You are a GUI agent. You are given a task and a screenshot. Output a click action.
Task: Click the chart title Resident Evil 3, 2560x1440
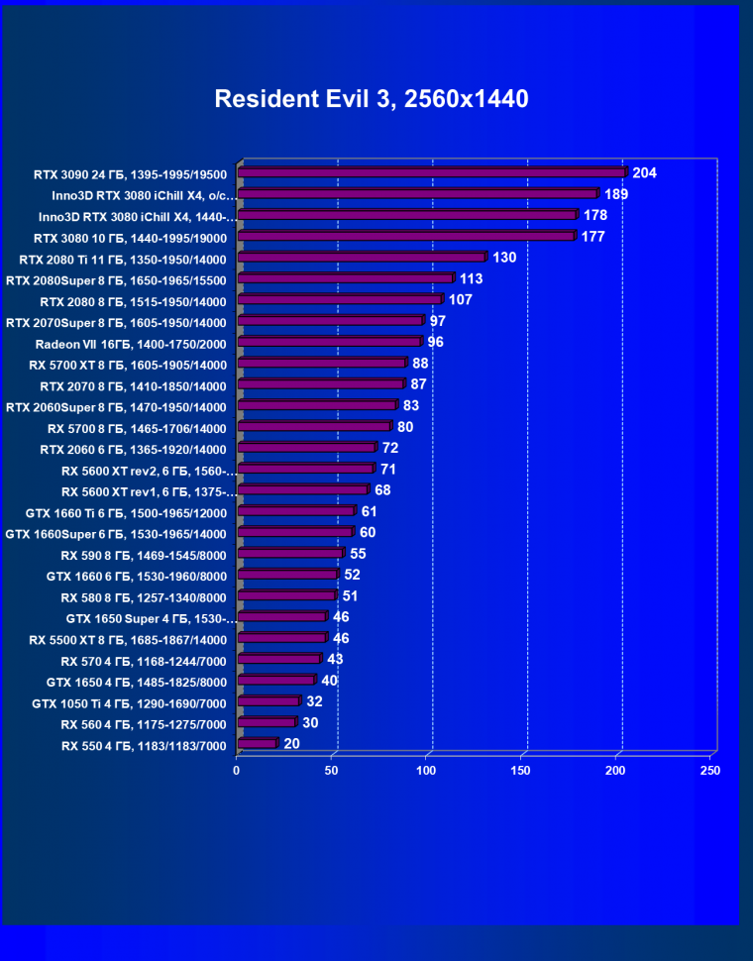coord(372,99)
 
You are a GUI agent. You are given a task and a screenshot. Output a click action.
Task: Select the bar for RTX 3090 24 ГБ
coord(433,172)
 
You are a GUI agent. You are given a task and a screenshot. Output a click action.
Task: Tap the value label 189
coord(616,194)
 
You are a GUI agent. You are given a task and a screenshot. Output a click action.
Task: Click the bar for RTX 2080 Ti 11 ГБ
coord(362,258)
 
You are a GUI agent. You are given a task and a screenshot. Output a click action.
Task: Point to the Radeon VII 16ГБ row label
coord(131,344)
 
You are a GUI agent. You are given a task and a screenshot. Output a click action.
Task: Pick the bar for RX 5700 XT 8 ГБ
coord(322,364)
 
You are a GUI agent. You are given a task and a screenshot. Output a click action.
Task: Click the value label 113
coord(472,279)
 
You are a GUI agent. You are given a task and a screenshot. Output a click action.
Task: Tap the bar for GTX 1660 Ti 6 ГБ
coord(296,512)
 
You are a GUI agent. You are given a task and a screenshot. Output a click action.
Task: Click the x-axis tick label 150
coord(521,770)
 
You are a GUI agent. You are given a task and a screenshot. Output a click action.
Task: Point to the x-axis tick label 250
coord(709,770)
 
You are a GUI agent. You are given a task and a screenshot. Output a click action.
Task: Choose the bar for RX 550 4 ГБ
coord(258,743)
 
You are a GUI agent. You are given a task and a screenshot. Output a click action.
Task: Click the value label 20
coord(291,743)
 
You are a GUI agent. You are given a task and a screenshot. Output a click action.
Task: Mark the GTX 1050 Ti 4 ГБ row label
coord(130,703)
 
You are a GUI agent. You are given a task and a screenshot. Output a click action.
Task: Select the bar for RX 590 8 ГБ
coord(291,554)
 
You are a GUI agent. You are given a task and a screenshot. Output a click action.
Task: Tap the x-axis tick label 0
coord(237,770)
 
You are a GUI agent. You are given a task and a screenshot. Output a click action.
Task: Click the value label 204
coord(644,173)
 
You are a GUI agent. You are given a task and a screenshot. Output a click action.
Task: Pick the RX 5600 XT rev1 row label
coord(149,491)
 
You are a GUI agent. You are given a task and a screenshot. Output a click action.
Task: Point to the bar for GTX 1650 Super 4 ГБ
coord(282,617)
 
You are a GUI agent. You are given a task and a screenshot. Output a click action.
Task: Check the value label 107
coord(461,300)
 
